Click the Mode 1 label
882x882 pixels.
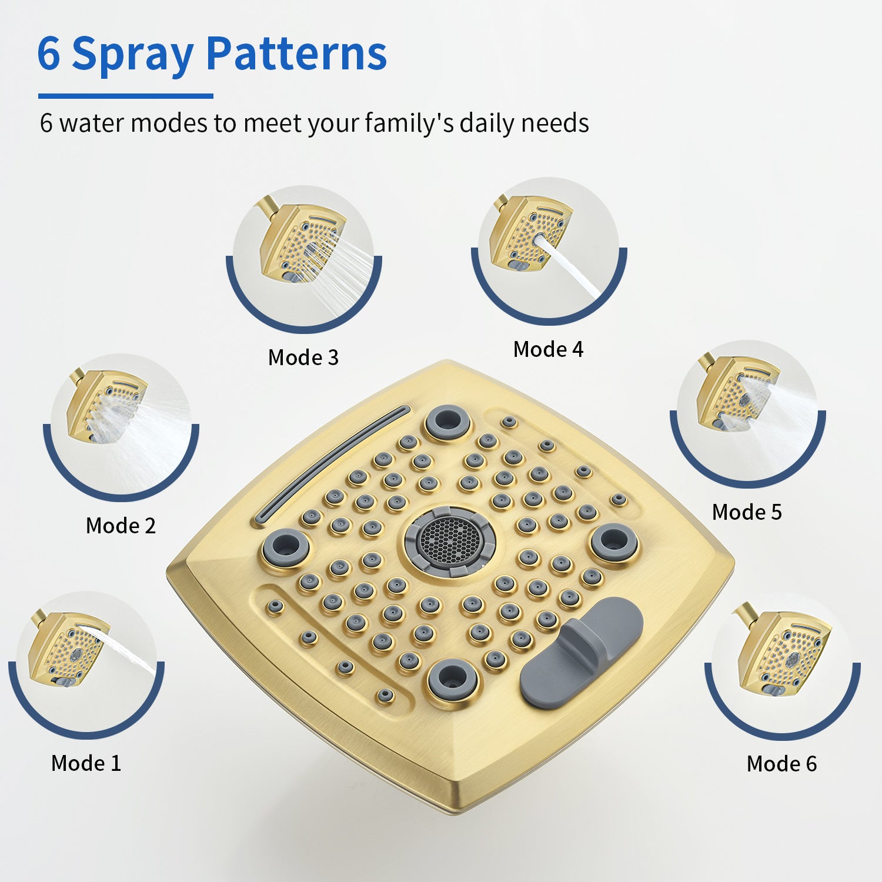86,763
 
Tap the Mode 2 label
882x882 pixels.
121,526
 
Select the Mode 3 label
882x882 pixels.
303,358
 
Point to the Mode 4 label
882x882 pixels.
548,349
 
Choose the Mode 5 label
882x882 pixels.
747,512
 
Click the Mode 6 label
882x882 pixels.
781,764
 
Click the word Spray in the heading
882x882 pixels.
132,55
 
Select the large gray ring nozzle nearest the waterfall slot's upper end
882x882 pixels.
448,421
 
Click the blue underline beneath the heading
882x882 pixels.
126,96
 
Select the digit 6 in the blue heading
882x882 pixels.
49,55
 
